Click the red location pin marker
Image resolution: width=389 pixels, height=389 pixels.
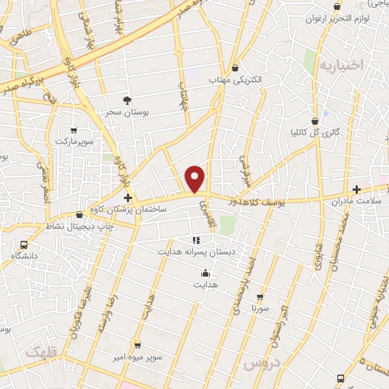pos(196,178)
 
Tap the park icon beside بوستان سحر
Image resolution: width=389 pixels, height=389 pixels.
pos(128,100)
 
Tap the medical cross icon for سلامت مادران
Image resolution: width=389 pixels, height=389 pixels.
pos(356,189)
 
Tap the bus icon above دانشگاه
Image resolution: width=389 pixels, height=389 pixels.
pos(24,245)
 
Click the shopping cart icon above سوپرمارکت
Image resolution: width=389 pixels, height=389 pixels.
pos(73,130)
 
